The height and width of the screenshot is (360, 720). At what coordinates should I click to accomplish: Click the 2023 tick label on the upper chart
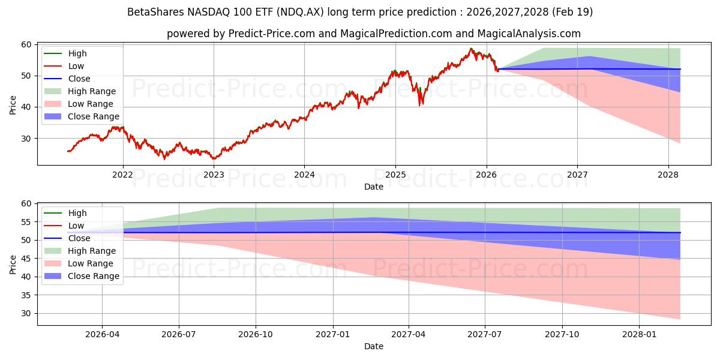coord(214,175)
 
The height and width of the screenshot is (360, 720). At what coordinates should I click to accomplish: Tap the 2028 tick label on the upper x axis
coord(668,175)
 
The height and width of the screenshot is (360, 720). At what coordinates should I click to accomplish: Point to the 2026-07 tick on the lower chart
coord(179,335)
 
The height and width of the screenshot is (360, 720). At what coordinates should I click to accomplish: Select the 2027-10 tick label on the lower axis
coord(563,335)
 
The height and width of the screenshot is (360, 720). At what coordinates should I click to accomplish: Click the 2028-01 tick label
coord(640,335)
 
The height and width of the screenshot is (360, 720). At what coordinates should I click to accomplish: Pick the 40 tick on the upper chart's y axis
coord(27,107)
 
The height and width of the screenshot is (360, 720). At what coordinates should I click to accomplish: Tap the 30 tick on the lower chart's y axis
coord(27,313)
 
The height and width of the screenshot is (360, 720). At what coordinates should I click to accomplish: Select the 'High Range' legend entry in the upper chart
coord(92,91)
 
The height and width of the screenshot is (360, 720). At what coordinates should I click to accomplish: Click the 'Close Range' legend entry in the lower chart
coord(93,276)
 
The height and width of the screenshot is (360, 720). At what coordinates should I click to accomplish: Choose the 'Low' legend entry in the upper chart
coord(76,66)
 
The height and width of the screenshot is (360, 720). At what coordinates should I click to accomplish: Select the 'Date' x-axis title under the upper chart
coord(373,187)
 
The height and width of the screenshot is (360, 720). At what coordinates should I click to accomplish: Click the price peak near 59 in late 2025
coord(471,49)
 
